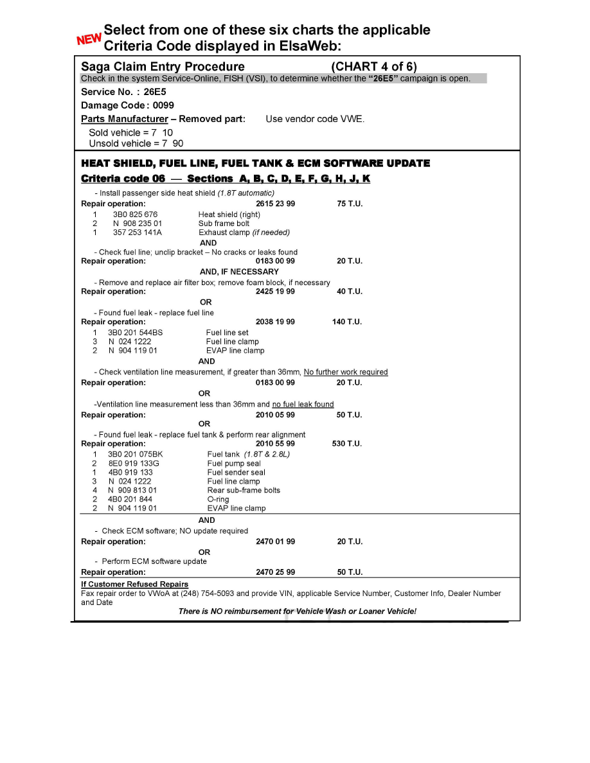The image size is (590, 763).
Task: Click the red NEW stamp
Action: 89,39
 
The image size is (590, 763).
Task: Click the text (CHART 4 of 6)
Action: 373,67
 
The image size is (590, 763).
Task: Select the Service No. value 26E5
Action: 154,92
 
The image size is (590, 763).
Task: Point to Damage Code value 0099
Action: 163,105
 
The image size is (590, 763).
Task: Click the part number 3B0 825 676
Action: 135,215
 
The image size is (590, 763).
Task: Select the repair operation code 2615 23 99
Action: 275,204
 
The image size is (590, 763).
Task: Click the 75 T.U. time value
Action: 350,204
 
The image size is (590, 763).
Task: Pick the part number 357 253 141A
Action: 138,232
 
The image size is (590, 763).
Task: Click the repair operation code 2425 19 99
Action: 275,292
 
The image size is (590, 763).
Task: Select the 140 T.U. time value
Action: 347,322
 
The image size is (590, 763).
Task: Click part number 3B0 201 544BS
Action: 135,333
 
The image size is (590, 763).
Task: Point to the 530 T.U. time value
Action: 347,444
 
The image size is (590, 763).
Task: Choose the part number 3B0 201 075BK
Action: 135,454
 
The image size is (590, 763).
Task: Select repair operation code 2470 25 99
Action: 275,572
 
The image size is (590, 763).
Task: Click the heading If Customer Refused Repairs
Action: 134,584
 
